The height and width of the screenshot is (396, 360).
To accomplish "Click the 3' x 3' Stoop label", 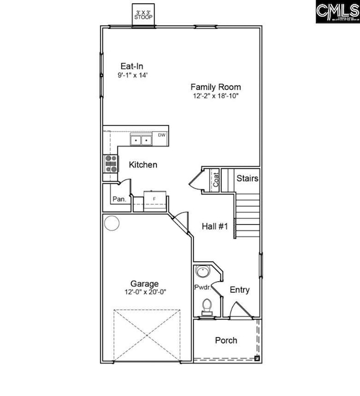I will (144, 14).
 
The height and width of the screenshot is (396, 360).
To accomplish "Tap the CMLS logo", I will (337, 12).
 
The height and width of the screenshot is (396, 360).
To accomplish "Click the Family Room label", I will (215, 87).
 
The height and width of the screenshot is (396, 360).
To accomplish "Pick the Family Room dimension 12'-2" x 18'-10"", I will (215, 96).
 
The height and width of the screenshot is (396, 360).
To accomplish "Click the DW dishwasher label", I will (162, 135).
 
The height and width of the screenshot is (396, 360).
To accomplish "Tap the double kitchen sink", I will (142, 140).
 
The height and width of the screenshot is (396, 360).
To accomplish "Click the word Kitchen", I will (143, 165).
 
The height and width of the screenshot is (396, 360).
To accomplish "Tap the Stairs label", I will (247, 178).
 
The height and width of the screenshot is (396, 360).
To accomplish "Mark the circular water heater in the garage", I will (112, 223).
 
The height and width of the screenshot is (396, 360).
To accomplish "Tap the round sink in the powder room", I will (203, 272).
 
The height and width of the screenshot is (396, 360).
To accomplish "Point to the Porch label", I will (226, 340).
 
